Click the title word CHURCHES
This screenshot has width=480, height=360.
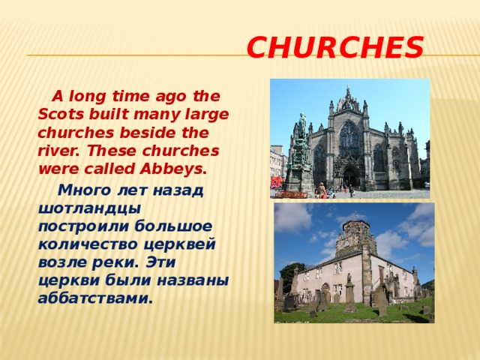pyautogui.click(x=334, y=49)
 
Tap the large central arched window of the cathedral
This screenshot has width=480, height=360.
pyautogui.click(x=349, y=139)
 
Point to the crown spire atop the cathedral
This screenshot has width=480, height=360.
pyautogui.click(x=349, y=97)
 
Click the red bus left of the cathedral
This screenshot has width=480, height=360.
pyautogui.click(x=275, y=181)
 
